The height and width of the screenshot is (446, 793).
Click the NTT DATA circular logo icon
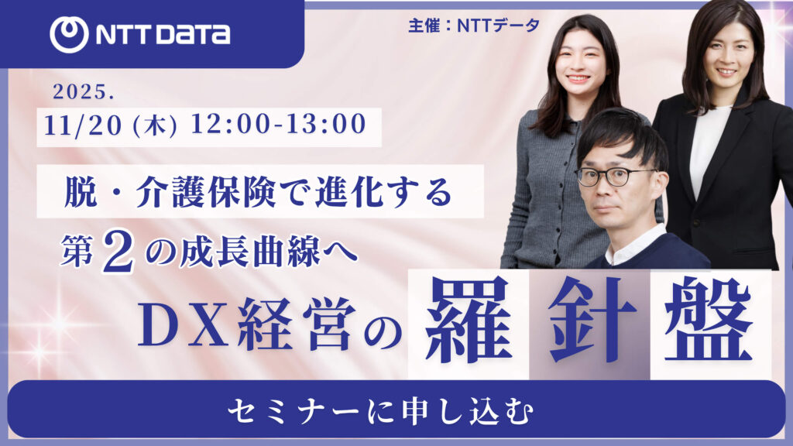click(69, 35)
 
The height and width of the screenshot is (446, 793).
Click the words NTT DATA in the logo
click(163, 35)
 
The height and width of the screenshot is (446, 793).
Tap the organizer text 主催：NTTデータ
click(474, 26)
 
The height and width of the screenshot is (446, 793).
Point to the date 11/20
click(83, 125)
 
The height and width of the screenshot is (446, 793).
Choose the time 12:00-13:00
click(278, 125)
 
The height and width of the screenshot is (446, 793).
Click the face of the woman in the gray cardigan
click(580, 64)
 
